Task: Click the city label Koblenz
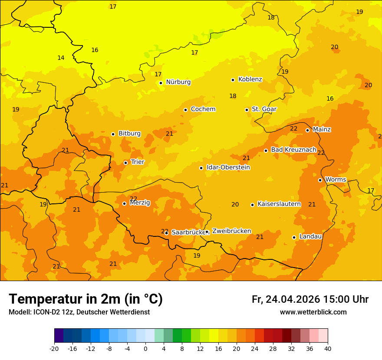pos(250,79)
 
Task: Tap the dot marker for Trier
pos(126,163)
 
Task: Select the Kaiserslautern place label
pos(279,204)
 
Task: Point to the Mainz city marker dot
pos(307,130)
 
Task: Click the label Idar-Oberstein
pos(228,167)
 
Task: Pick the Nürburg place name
pos(178,82)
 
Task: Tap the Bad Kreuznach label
pos(293,150)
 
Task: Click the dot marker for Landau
pos(294,237)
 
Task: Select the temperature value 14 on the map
pos(61,58)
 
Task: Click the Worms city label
pos(336,180)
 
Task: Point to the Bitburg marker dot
pos(113,134)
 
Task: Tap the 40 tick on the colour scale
pos(328,348)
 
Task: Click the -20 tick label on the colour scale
pos(54,348)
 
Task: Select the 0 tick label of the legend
pos(145,348)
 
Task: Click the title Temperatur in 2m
pos(86,299)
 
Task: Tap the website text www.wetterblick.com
pos(313,312)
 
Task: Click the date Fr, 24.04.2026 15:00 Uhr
pos(310,299)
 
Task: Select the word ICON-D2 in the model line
pos(45,312)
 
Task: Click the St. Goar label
pos(264,109)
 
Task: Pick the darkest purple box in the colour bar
pos(59,336)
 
